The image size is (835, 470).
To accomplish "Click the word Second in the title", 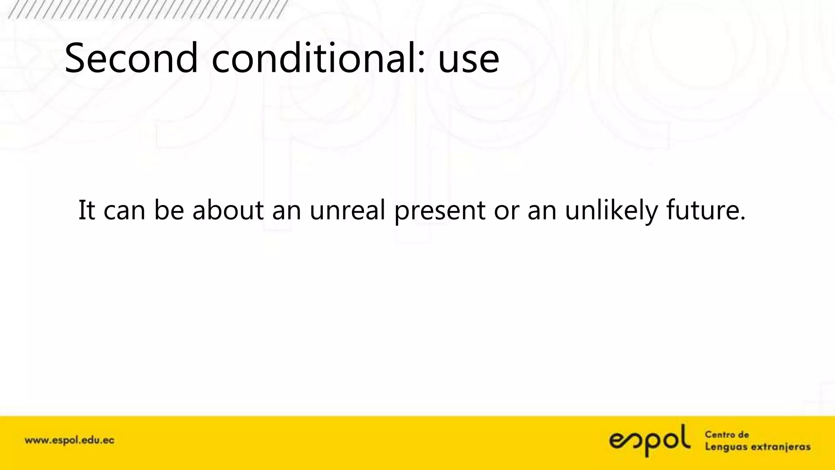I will (x=131, y=58).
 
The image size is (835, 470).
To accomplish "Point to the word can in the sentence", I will (x=124, y=211).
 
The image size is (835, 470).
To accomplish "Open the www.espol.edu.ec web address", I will (x=69, y=441).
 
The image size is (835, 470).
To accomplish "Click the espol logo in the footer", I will (x=650, y=441).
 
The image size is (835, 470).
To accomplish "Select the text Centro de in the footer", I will (x=727, y=435).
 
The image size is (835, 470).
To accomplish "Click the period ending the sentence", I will (x=742, y=219).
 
